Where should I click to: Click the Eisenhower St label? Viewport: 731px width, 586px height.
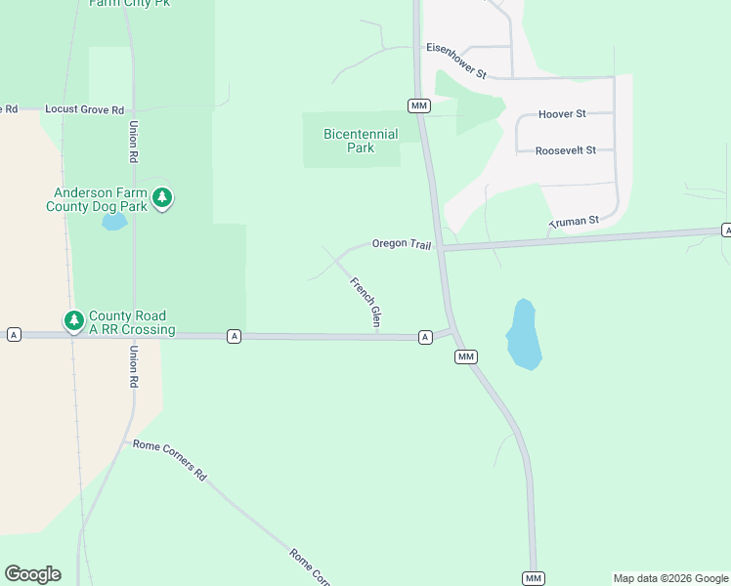[x=456, y=61]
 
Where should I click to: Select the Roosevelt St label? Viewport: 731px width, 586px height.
[x=573, y=150]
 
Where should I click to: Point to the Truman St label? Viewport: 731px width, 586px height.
[x=574, y=223]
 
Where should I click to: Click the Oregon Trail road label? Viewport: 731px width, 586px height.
[x=401, y=243]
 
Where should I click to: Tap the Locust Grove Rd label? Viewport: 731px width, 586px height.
[x=84, y=110]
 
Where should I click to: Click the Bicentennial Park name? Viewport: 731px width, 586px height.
[x=361, y=141]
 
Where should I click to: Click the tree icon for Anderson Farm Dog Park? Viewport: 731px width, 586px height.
[x=163, y=198]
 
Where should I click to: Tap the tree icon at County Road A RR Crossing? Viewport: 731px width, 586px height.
[x=73, y=319]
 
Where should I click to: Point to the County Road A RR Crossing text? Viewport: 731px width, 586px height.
[x=131, y=322]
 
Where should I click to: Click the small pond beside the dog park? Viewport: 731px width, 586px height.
[x=114, y=223]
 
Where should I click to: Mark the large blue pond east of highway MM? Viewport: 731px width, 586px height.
[x=523, y=335]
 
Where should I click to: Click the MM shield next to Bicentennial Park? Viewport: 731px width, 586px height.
[x=419, y=105]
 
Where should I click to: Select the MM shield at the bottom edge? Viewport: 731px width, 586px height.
[x=533, y=578]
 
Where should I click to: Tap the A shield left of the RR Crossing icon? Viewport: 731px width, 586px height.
[x=14, y=334]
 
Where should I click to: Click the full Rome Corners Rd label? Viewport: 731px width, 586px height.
[x=170, y=459]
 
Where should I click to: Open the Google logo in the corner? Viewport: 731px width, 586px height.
[x=32, y=574]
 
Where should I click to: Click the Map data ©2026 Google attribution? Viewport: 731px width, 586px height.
[x=670, y=578]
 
